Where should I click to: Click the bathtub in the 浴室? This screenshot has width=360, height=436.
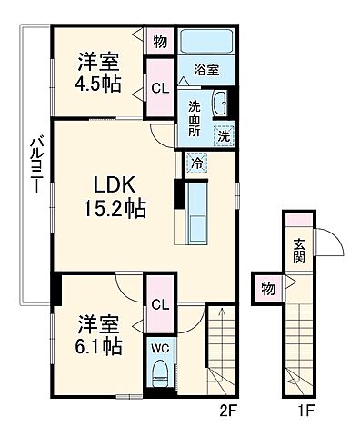(205, 44)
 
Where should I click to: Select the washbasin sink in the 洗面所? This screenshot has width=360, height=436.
(221, 105)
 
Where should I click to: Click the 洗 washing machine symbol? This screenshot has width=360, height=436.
(222, 135)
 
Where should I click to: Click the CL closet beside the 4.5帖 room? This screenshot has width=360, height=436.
(159, 88)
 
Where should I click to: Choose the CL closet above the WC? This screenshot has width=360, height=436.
(159, 304)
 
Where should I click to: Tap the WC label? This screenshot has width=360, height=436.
(159, 347)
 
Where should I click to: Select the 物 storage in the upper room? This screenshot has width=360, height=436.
(159, 41)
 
